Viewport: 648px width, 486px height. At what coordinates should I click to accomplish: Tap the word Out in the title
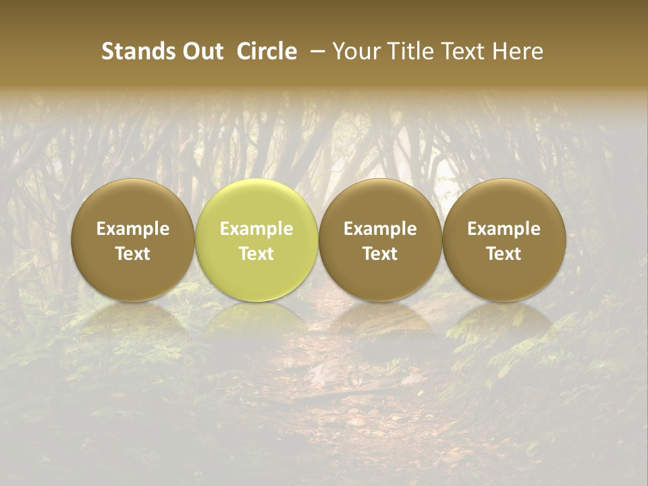[202, 51]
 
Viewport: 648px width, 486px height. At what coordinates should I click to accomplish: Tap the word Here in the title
[518, 51]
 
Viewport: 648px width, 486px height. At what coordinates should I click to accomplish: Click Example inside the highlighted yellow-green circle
[256, 229]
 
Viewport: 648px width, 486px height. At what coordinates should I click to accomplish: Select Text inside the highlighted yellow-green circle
[256, 254]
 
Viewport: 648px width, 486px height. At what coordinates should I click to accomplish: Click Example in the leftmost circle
[133, 229]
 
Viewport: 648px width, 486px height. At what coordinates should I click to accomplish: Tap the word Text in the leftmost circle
[133, 254]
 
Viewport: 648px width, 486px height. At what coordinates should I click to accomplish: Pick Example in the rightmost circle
[504, 229]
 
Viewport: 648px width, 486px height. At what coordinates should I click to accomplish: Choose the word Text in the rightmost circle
[504, 254]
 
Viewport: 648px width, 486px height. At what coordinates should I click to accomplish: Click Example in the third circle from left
[380, 229]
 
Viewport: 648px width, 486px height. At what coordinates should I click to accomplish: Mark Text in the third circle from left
[380, 254]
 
